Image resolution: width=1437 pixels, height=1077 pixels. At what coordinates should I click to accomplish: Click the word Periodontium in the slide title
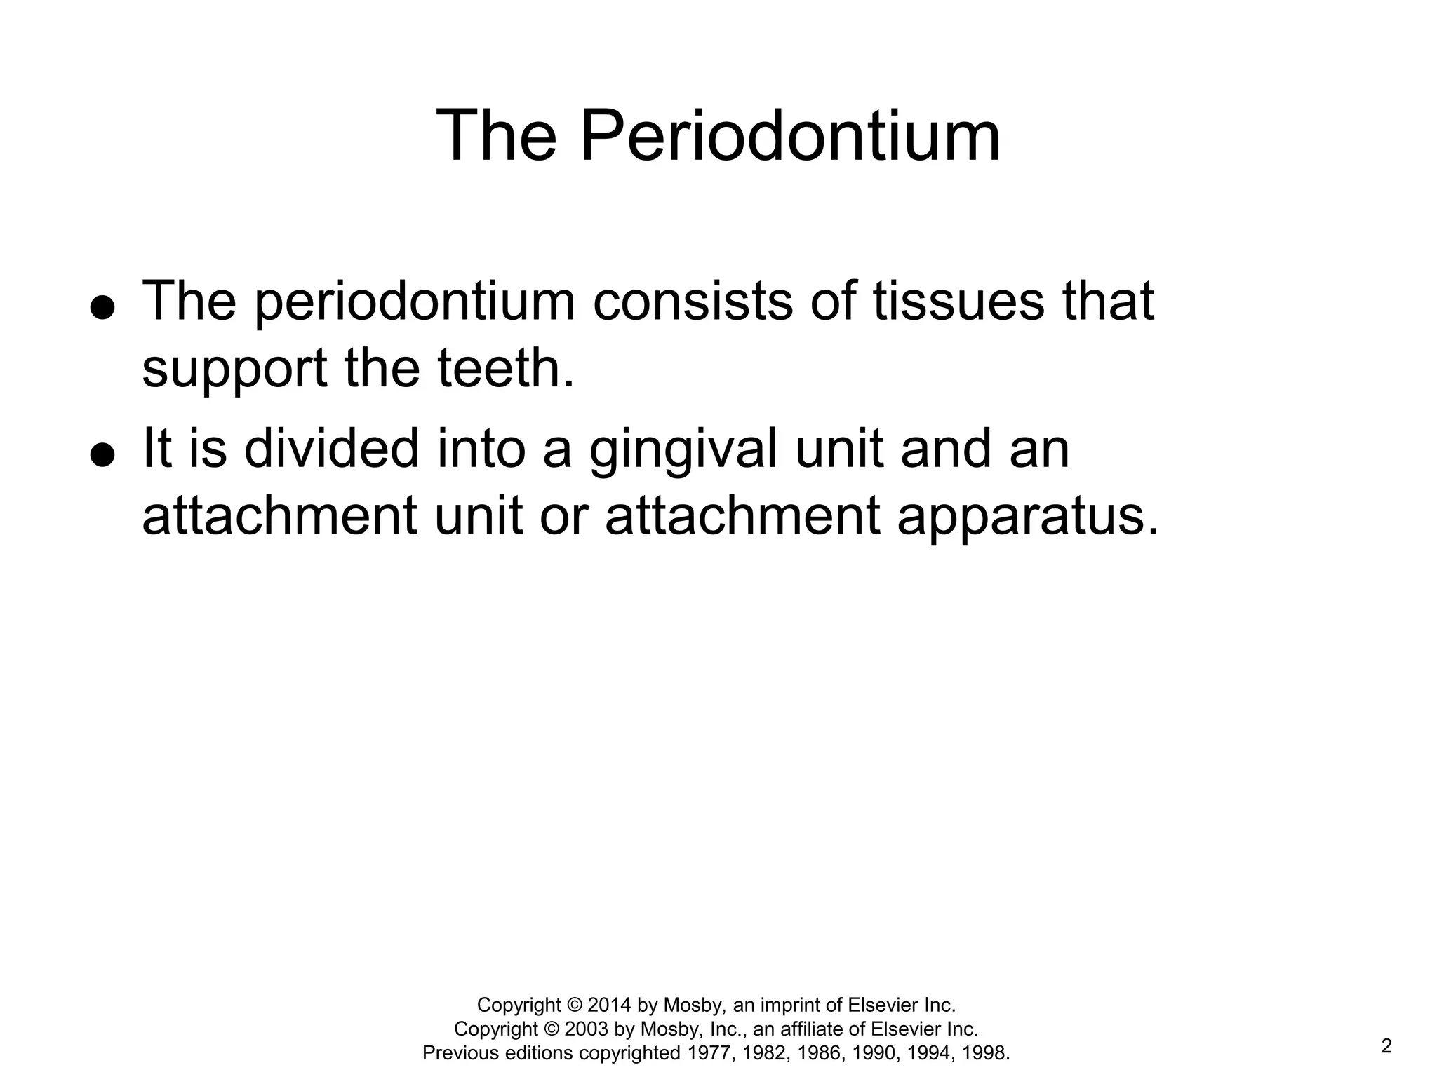(x=790, y=136)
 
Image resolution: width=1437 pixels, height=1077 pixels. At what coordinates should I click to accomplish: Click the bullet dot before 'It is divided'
(x=102, y=454)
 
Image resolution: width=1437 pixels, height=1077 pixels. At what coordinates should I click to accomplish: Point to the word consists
(x=692, y=302)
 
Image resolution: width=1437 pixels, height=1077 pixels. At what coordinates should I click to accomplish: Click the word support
(x=234, y=370)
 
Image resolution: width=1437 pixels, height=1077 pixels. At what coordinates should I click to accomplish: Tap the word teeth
(x=505, y=369)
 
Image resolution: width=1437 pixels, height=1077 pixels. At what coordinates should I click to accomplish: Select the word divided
(x=331, y=449)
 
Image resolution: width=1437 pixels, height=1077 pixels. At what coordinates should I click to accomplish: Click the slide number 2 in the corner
(x=1386, y=1046)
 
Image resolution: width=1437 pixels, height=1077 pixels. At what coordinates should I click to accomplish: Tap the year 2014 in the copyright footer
(x=609, y=1005)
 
